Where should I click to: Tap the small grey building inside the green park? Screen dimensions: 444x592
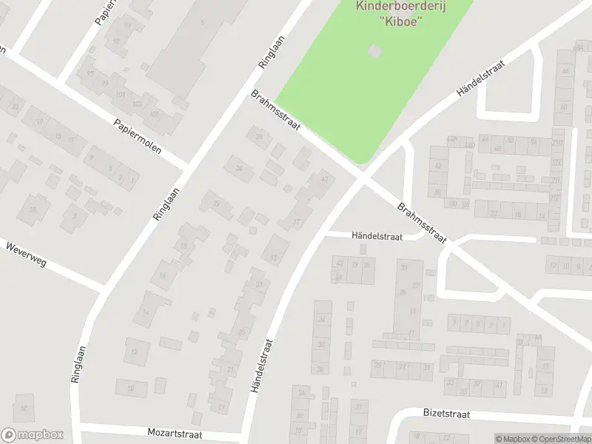375,50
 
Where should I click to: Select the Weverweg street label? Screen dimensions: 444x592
25,253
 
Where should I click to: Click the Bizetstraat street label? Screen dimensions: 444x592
446,414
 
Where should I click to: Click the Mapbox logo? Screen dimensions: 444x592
33,435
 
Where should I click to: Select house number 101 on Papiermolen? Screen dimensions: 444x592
121,94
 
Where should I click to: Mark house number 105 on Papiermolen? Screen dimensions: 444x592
155,115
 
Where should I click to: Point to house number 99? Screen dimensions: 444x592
105,83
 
